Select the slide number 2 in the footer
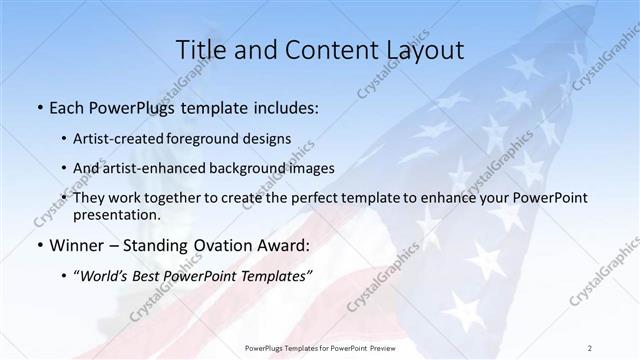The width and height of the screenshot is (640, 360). (590, 347)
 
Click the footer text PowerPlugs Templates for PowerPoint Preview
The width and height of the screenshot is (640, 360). (320, 347)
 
